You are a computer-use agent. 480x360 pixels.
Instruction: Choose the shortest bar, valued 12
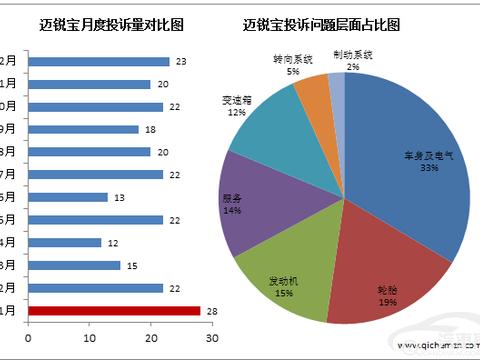pyautogui.click(x=64, y=242)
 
